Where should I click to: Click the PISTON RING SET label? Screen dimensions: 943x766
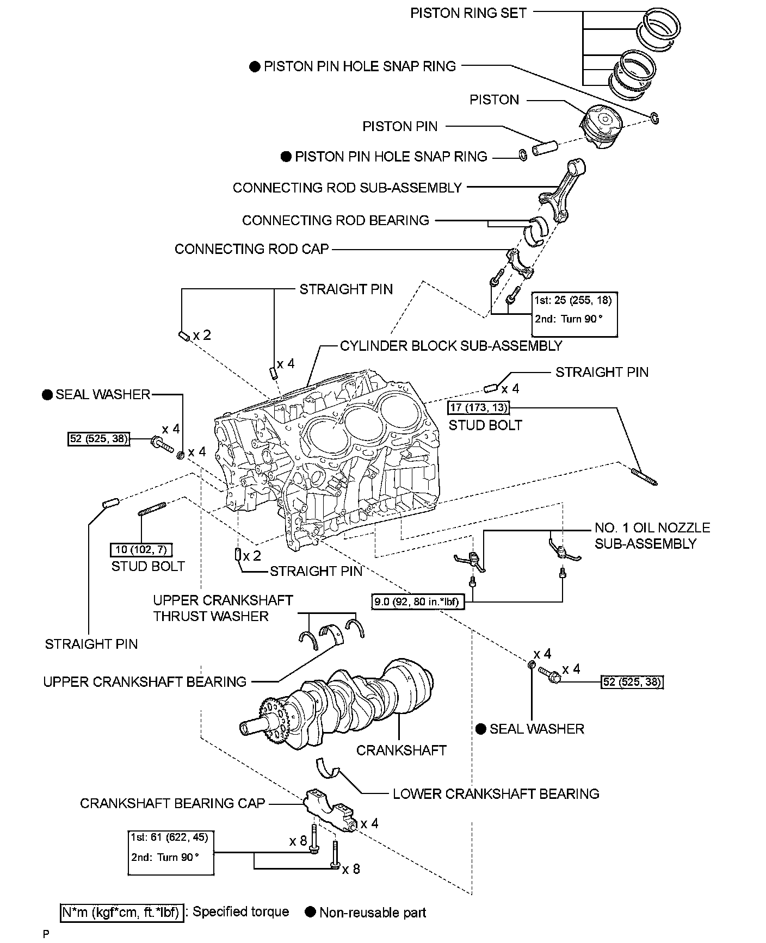coord(468,13)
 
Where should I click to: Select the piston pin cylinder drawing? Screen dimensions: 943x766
coord(545,148)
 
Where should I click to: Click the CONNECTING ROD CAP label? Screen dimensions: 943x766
coord(252,249)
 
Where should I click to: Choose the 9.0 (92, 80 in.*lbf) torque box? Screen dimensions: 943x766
coord(418,602)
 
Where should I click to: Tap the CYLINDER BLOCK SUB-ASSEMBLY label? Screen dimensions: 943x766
coord(451,346)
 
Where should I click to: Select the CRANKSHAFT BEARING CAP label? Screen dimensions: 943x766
coord(172,803)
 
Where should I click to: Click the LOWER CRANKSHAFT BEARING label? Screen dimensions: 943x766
coord(496,794)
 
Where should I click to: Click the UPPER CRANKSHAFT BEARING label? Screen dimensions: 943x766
coord(145,681)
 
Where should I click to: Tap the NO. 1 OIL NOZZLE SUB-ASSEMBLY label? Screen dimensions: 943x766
coord(652,536)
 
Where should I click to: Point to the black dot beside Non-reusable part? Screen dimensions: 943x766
coord(311,912)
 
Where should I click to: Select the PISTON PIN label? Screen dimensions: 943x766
coord(400,127)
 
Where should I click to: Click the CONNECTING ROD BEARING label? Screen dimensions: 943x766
coord(336,220)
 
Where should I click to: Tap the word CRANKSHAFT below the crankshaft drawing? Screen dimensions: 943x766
coord(401,750)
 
